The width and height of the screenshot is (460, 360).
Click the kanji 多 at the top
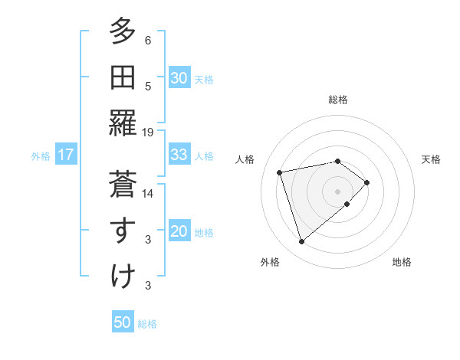click(x=123, y=32)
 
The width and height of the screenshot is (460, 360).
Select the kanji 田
click(x=123, y=78)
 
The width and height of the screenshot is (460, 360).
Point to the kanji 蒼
click(x=123, y=185)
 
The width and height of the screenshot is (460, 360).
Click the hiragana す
click(x=123, y=231)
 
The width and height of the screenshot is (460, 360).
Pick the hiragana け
click(x=123, y=277)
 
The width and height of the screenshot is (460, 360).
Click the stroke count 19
click(x=148, y=133)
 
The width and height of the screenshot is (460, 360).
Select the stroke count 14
click(x=148, y=194)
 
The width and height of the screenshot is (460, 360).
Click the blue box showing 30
click(x=179, y=77)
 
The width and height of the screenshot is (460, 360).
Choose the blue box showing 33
click(x=179, y=155)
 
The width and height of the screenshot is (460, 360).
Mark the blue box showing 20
click(x=179, y=232)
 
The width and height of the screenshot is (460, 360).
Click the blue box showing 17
click(x=66, y=155)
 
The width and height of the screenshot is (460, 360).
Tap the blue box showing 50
click(x=123, y=322)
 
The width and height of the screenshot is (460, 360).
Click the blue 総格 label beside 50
click(x=147, y=324)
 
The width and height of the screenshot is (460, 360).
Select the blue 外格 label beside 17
click(x=41, y=156)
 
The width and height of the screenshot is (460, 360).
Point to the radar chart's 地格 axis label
click(x=402, y=263)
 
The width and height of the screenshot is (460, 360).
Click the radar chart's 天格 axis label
click(x=431, y=159)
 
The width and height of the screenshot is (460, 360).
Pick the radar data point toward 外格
click(x=301, y=241)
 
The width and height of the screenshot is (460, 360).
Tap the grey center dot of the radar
click(x=337, y=190)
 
